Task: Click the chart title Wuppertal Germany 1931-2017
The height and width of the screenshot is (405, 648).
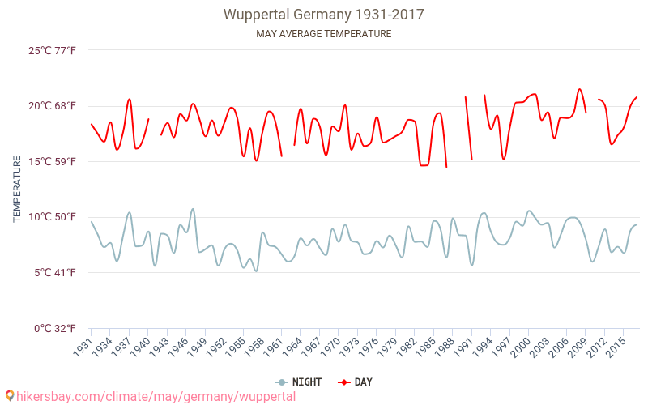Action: pos(324,15)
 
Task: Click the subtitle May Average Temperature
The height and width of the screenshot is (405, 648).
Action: pos(324,34)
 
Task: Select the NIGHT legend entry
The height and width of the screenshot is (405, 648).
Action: pos(299,382)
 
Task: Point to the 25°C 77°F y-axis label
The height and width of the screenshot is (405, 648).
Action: pos(52,50)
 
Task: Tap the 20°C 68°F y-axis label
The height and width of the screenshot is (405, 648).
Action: pos(52,106)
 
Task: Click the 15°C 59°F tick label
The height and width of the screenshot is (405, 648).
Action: pos(52,162)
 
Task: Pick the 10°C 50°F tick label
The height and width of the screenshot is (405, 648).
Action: pos(52,217)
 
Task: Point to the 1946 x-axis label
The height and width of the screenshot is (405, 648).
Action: pos(175,346)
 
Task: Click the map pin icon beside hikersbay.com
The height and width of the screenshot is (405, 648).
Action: pos(9,396)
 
